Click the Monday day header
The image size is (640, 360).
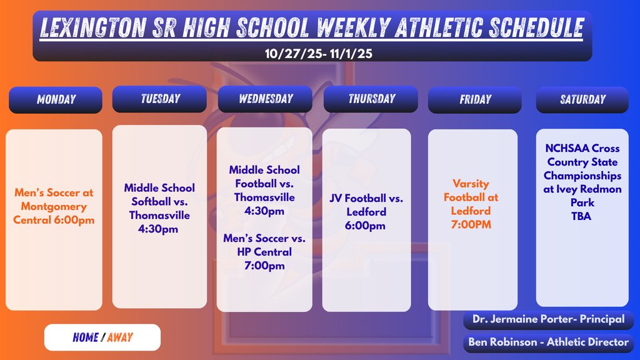coord(56,99)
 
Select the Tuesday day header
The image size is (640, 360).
coord(159,99)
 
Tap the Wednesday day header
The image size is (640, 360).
coord(265,99)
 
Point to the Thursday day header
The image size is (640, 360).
coord(371,99)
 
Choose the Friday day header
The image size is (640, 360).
coord(474,99)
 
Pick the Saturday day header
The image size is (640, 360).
coord(582,99)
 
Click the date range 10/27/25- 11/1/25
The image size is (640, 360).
coord(318,54)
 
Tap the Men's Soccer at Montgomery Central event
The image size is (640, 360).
coord(54,206)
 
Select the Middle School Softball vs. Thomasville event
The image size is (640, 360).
coord(159,208)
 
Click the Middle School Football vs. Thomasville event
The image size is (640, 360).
coord(264,190)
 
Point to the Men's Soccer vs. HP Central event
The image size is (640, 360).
coord(264,252)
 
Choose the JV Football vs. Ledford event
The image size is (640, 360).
coord(366,212)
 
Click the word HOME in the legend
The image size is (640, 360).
coord(85,337)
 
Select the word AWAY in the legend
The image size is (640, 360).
coord(120,337)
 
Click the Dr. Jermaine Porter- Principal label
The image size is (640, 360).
coord(549,319)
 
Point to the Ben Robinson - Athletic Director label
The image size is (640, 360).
coord(549,342)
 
